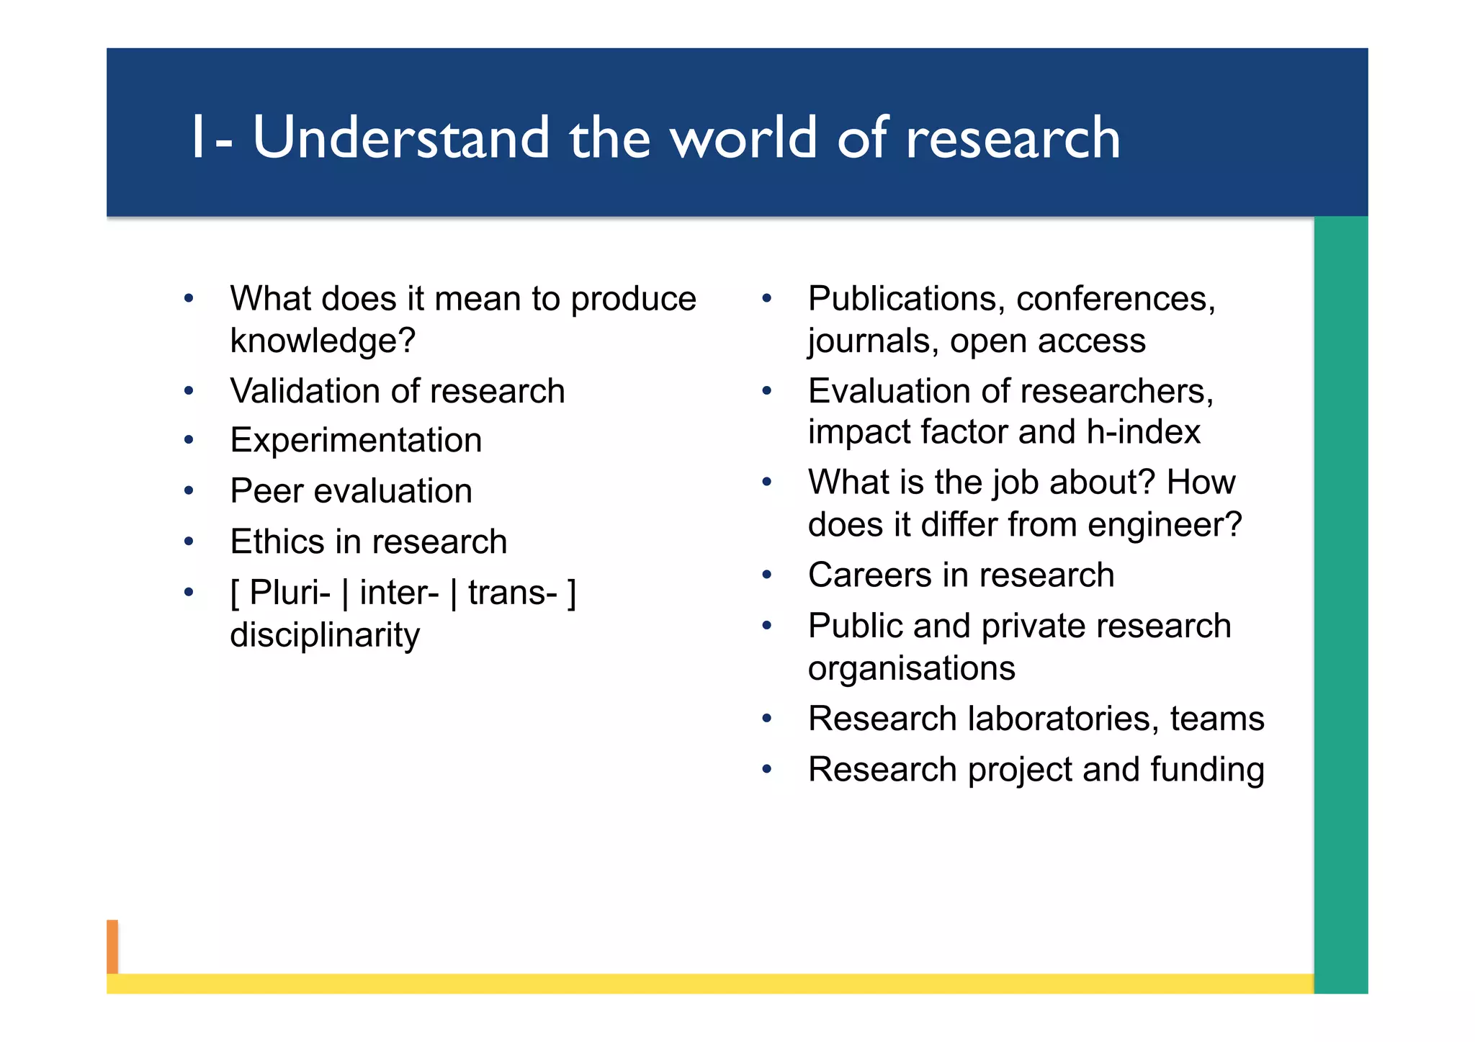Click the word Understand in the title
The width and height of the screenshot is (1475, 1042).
coord(401,138)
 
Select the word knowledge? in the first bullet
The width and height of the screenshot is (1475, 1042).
coord(323,341)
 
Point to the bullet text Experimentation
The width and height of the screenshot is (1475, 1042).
coord(356,440)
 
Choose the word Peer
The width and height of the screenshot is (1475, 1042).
coord(261,491)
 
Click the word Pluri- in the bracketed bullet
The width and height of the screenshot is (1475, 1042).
coord(290,593)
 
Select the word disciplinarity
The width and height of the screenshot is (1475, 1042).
coord(325,635)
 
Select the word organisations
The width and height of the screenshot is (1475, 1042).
coord(911,668)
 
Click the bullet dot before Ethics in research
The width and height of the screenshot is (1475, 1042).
coord(189,542)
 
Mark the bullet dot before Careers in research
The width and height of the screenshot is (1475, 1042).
coord(767,575)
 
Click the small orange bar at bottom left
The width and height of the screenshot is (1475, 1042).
coord(112,946)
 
